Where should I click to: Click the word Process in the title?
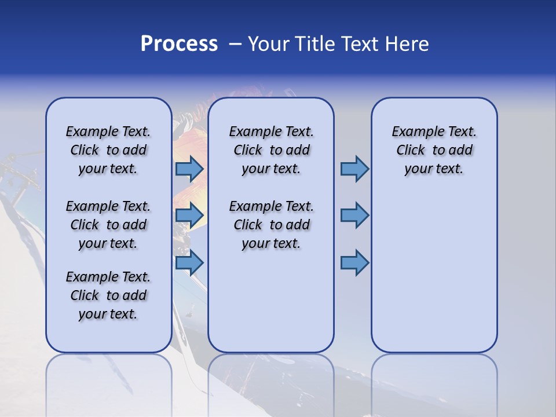tap(179, 44)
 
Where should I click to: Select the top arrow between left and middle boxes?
tap(189, 169)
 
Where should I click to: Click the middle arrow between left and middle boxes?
tap(189, 215)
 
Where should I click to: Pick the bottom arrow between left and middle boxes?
tap(189, 262)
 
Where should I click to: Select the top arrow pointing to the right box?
tap(354, 169)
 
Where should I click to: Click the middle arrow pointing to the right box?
tap(354, 215)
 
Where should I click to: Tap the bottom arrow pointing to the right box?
tap(354, 262)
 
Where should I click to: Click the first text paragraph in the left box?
tap(108, 150)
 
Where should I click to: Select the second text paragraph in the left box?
tap(108, 225)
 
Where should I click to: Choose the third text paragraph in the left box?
tap(108, 295)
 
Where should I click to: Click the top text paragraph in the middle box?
tap(271, 150)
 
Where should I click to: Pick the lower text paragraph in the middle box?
tap(271, 225)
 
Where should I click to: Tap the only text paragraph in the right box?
tap(434, 150)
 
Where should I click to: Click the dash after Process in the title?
tap(235, 44)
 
